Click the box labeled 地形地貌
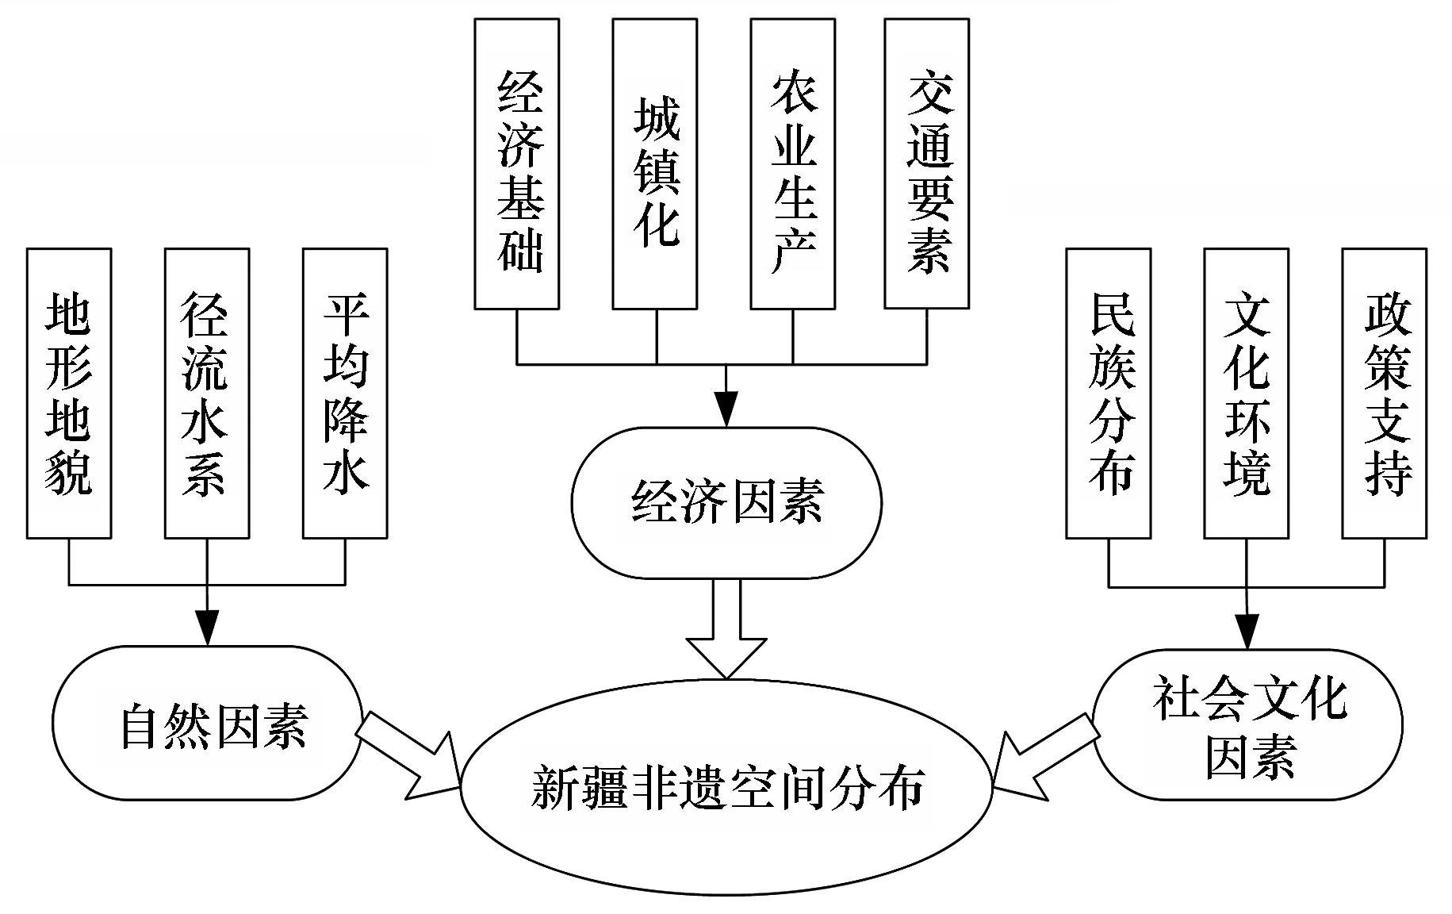point(69,394)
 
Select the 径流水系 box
point(207,394)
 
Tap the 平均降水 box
point(345,394)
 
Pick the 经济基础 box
point(517,163)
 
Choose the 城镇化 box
point(655,163)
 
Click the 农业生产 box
point(793,163)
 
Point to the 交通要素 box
point(927,163)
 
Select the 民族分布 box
point(1109,394)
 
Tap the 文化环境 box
point(1247,394)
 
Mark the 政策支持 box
point(1385,394)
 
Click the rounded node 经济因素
point(726,503)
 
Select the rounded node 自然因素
point(208,723)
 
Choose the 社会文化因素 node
point(1247,724)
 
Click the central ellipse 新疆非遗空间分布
point(726,787)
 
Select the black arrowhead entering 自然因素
point(207,628)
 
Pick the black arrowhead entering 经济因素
point(726,409)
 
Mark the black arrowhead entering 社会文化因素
point(1247,632)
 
